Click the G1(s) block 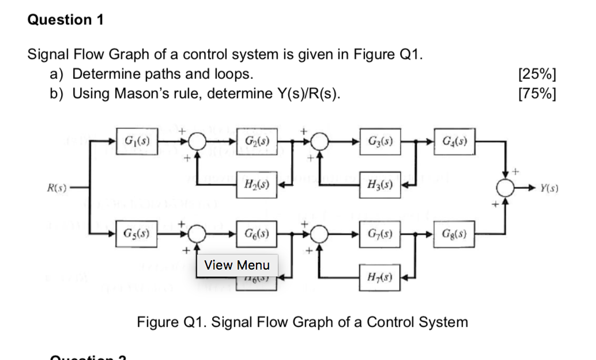pos(137,139)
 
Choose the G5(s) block pos(137,234)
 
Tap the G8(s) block pos(455,234)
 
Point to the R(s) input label pos(58,188)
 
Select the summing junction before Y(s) pos(507,188)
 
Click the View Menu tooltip pos(237,266)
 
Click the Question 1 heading pos(66,20)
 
